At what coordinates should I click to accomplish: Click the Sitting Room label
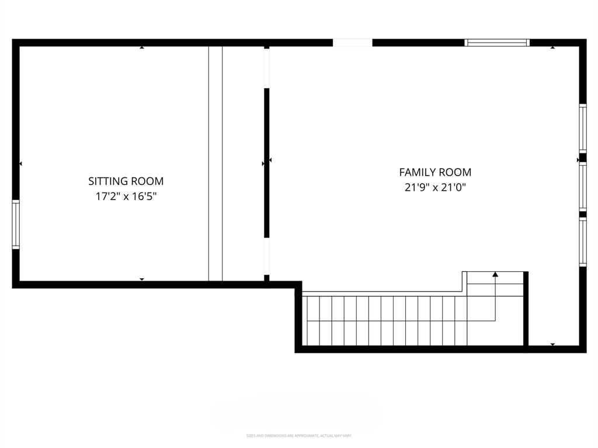point(126,181)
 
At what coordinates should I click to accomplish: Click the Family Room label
point(435,172)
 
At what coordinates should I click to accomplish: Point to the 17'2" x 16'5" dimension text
point(126,197)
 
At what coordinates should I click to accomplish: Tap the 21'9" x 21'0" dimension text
point(435,188)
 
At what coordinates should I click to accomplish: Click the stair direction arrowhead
point(495,274)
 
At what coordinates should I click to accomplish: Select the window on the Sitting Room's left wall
point(16,225)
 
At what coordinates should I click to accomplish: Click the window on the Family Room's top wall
point(497,43)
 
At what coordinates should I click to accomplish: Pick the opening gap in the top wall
point(352,43)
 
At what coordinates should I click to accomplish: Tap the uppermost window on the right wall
point(582,128)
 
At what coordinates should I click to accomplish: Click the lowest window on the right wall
point(582,242)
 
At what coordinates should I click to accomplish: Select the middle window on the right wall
point(582,185)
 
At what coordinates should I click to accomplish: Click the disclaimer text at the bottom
point(299,436)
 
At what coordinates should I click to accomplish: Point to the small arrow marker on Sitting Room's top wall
point(142,48)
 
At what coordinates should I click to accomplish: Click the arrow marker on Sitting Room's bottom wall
point(142,279)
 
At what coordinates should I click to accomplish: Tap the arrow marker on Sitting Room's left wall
point(21,164)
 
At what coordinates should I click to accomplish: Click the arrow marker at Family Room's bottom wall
point(552,345)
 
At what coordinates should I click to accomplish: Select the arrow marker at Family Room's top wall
point(552,48)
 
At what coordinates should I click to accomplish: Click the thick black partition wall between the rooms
point(267,163)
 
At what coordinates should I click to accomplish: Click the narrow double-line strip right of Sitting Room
point(215,163)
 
